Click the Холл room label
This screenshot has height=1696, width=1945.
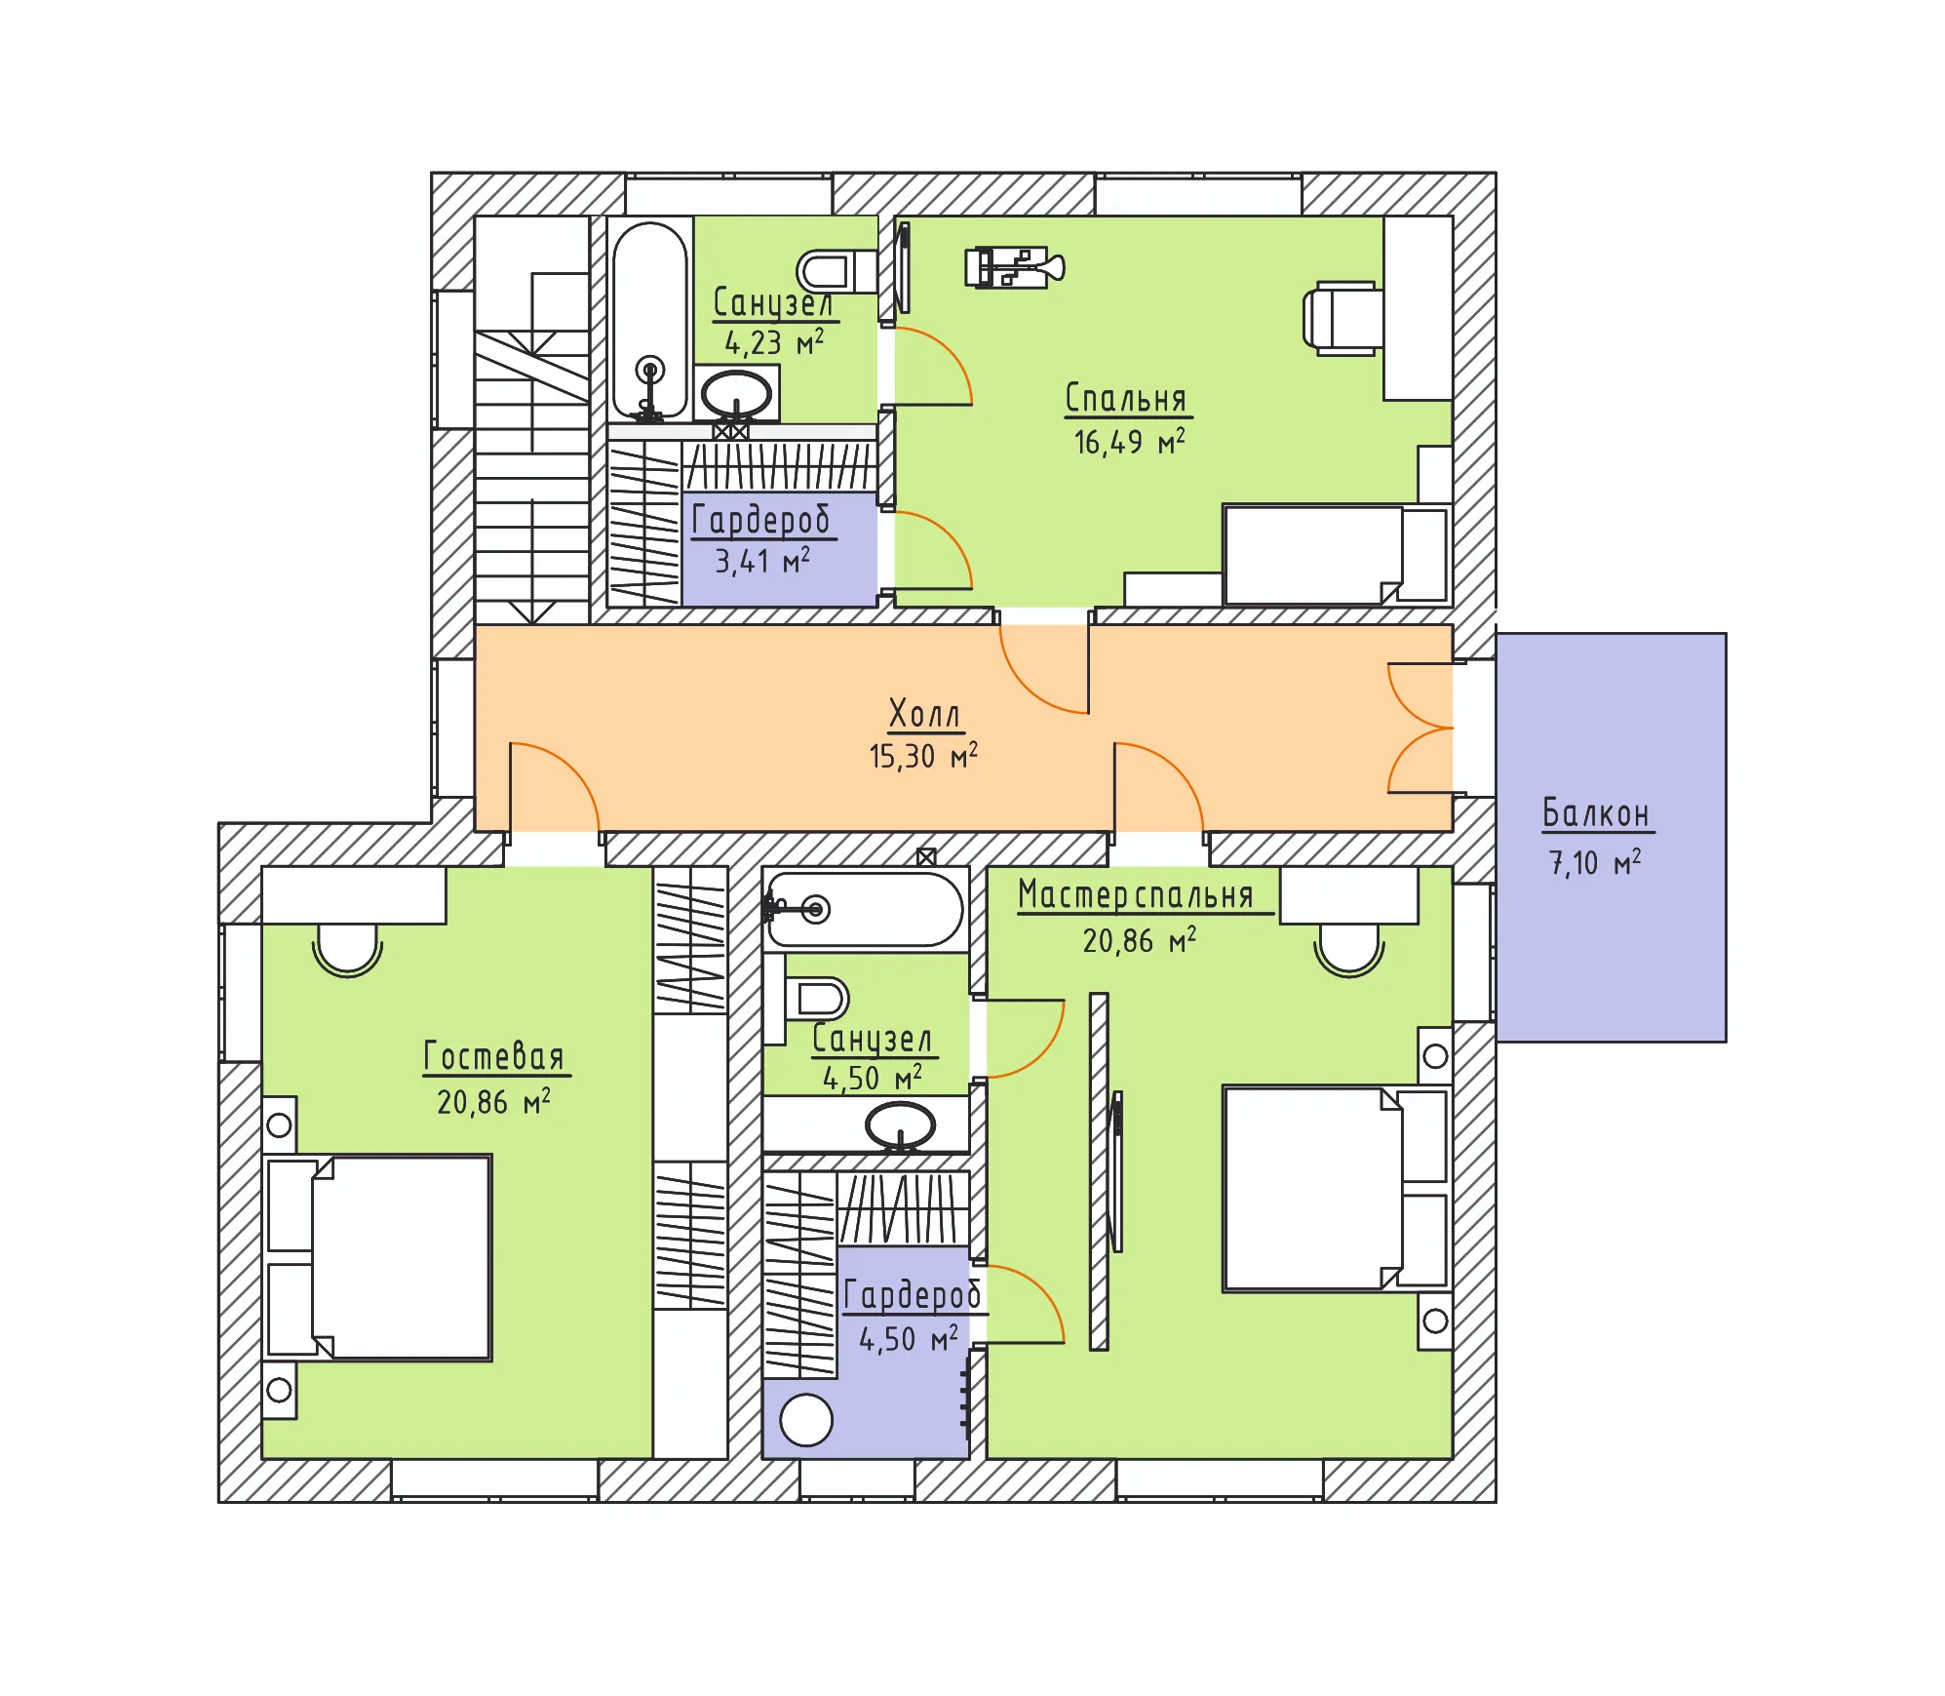point(924,714)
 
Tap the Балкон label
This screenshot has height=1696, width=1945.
point(1596,812)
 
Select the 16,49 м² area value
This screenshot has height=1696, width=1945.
point(1129,442)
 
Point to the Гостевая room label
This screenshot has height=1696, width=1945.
point(494,1056)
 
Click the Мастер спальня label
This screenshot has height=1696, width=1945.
point(1136,894)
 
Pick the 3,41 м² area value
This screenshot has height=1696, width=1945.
point(762,561)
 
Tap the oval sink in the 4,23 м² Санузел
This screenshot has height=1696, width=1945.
point(737,394)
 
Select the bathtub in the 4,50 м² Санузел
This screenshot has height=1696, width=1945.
point(865,910)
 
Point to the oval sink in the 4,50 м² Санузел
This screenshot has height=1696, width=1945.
point(901,1126)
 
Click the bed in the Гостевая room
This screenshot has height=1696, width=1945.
point(378,1258)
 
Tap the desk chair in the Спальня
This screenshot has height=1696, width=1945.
point(1343,318)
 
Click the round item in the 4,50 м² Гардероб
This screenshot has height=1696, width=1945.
point(806,1420)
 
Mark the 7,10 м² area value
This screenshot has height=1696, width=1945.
point(1595,863)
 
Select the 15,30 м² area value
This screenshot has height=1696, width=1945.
point(923,756)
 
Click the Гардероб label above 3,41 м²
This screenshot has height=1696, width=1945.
point(761,520)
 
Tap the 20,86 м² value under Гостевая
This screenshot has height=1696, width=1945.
point(493,1102)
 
